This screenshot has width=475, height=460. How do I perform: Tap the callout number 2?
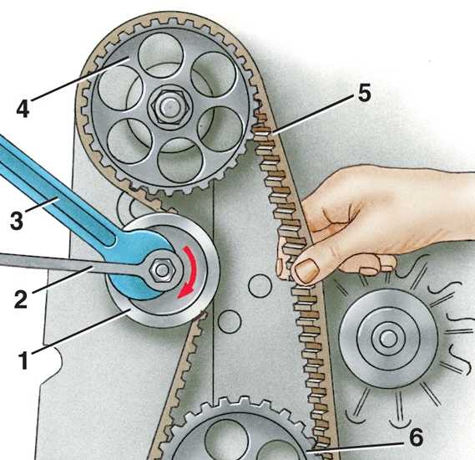pyautogui.click(x=21, y=299)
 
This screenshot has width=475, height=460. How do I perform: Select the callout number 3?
pyautogui.click(x=17, y=221)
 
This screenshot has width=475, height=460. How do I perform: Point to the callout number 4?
pyautogui.click(x=23, y=109)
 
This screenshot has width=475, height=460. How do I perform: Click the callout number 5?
pyautogui.click(x=364, y=94)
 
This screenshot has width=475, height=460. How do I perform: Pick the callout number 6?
pyautogui.click(x=417, y=437)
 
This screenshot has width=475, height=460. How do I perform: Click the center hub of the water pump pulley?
pyautogui.click(x=387, y=339)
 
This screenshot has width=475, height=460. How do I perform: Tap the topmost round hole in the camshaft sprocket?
pyautogui.click(x=160, y=56)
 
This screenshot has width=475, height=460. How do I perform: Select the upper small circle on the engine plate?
pyautogui.click(x=260, y=286)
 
